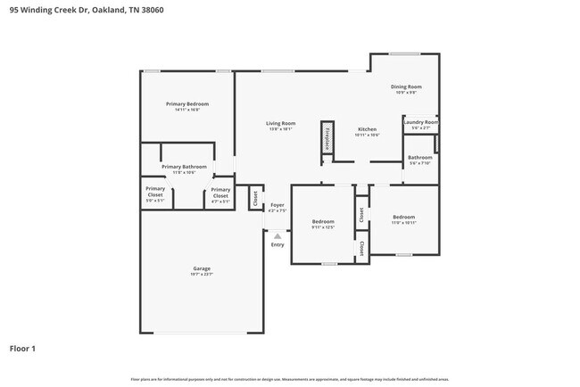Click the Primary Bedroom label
pos(186,104)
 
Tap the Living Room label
pos(280,123)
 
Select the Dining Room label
pos(404,86)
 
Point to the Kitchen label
pos(368,128)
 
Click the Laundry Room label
pos(420,121)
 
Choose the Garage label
pos(202,268)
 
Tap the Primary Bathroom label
pos(184,167)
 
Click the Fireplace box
pos(327,141)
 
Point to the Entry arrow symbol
pos(278,235)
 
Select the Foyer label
pos(278,204)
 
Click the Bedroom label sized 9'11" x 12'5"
pos(322,221)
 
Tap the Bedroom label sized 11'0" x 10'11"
pos(403,217)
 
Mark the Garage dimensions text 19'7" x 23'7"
pos(202,275)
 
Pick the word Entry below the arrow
pos(278,244)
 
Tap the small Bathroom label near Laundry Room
pos(420,158)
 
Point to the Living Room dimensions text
pos(280,129)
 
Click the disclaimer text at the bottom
pos(290,379)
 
